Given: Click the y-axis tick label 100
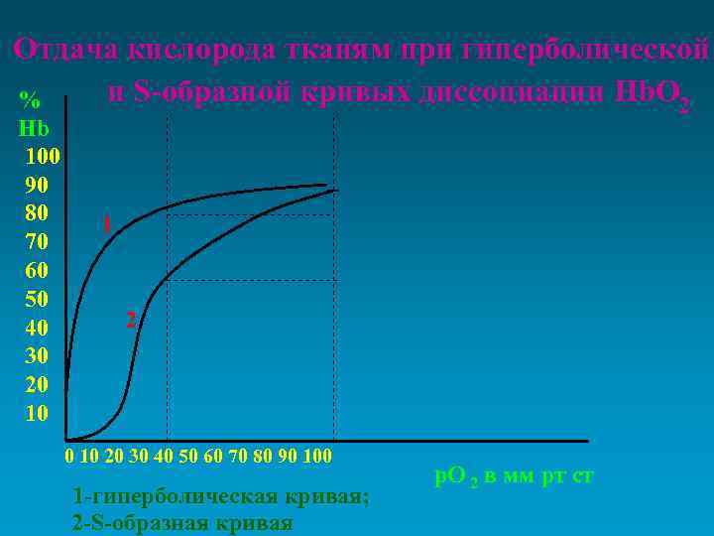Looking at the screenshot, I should click(x=43, y=156).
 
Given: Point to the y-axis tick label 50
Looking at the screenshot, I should click(x=36, y=299).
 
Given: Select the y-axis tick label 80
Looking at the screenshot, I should click(x=36, y=212).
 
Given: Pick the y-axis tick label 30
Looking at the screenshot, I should click(x=36, y=355).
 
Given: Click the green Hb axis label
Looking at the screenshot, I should click(x=33, y=127).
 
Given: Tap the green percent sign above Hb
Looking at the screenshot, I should click(x=31, y=99).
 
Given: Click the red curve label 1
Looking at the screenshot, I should click(x=106, y=224).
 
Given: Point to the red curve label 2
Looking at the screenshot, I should click(x=130, y=320).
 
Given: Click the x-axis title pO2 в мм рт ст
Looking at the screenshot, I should click(x=515, y=475).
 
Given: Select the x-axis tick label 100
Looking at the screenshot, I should click(x=316, y=457).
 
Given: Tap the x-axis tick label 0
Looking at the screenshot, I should click(x=68, y=457).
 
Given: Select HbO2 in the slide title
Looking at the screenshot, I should click(x=652, y=93).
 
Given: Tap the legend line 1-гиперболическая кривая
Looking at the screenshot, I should click(x=221, y=497).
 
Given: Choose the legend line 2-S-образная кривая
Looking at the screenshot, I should click(x=182, y=523).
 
